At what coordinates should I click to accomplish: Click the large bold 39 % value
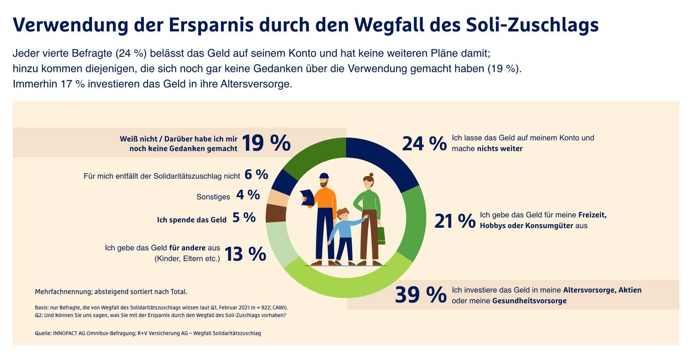(420, 295)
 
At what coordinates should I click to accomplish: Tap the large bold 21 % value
(455, 222)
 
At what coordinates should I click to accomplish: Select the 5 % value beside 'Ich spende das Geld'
(244, 218)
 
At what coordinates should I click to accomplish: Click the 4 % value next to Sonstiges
(248, 195)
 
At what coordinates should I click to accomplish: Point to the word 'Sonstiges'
(213, 197)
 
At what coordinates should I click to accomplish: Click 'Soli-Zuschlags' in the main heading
(532, 25)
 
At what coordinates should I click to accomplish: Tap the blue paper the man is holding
(307, 197)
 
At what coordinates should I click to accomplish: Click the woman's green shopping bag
(381, 235)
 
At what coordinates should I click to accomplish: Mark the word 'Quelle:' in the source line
(43, 333)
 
